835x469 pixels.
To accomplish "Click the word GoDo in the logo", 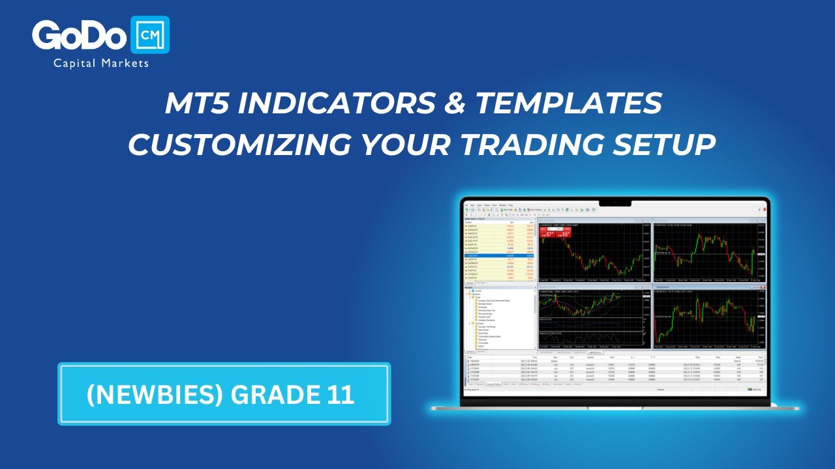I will point(79,36).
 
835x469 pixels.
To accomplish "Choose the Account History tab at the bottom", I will point(493,384).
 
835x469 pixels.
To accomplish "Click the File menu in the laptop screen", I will point(466,205).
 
